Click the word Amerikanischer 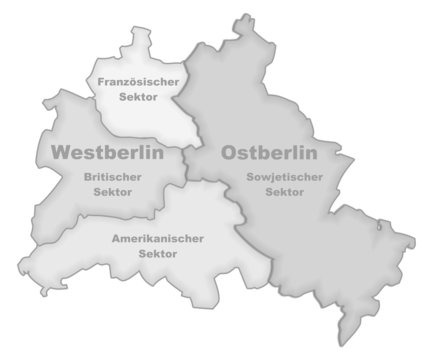tap(158, 239)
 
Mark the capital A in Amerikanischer tap(114, 239)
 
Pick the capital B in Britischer tap(88, 176)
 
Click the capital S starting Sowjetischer tap(247, 176)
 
